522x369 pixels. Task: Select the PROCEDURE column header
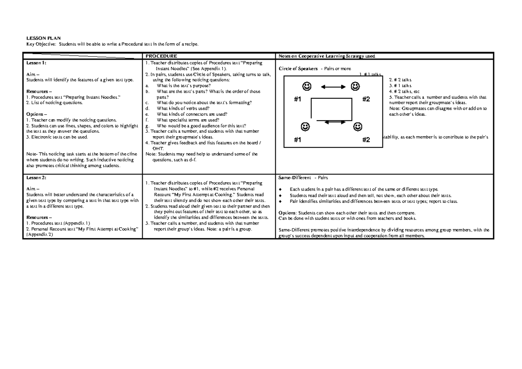161,56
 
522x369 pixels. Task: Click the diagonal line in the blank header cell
83,56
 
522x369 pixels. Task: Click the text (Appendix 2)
39,234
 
